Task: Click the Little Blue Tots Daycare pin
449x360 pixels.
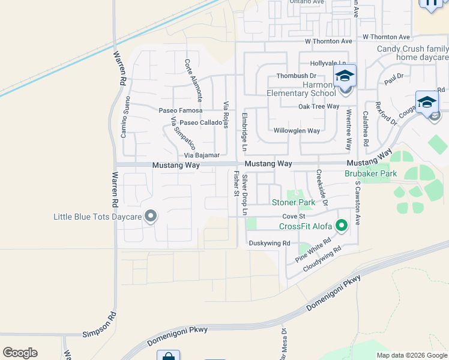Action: [150, 216]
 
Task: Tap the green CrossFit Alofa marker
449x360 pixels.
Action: [342, 226]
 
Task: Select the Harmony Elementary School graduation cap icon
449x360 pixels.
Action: [345, 76]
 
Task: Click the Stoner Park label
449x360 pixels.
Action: [294, 203]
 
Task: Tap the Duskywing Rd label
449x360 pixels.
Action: [270, 243]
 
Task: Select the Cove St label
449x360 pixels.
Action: [294, 216]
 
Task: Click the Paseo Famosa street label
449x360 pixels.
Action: [181, 111]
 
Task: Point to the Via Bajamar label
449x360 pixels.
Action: [202, 155]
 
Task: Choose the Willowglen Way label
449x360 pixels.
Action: [297, 131]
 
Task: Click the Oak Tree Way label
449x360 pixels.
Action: [319, 107]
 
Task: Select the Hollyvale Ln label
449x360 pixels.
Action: [328, 64]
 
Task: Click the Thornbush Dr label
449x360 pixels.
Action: [296, 76]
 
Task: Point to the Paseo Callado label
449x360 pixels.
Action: [200, 122]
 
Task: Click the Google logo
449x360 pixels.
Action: [20, 353]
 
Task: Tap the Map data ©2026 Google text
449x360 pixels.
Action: [411, 355]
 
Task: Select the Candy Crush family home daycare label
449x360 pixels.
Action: [413, 53]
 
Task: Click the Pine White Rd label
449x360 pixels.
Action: [313, 251]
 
